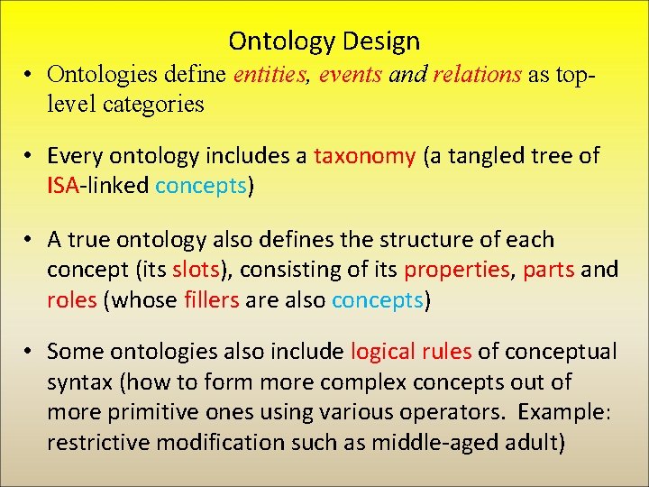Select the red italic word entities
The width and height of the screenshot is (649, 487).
[x=270, y=75]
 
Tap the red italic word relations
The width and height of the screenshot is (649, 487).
[x=477, y=75]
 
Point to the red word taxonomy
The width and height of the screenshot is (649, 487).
[x=364, y=156]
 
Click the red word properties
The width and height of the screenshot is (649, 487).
[x=456, y=270]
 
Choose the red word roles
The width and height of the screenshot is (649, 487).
[x=71, y=299]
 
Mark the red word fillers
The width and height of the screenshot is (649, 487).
[x=214, y=299]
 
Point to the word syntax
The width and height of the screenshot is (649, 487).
[x=77, y=381]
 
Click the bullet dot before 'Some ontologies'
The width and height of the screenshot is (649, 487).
[x=31, y=352]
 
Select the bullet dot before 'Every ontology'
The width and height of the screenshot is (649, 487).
[x=31, y=156]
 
